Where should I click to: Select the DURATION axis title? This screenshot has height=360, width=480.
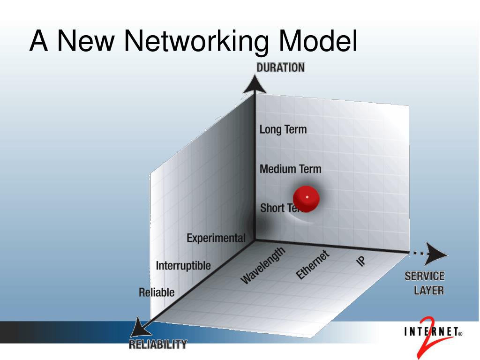[280, 67]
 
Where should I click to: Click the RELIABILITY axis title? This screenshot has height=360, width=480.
[157, 345]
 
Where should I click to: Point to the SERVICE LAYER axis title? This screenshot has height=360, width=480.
[425, 283]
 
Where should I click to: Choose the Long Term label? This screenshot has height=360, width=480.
[283, 129]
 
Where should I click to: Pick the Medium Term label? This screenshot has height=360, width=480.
[291, 169]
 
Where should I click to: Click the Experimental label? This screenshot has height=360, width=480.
[216, 238]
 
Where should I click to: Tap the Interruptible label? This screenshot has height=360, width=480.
[183, 266]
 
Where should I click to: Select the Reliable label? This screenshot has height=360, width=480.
[157, 292]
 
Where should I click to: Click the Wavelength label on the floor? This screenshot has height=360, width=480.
[262, 265]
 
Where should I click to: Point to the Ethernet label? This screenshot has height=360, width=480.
[313, 265]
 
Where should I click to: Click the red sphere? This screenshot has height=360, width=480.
[307, 198]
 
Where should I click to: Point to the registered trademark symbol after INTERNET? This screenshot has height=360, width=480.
[460, 334]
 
